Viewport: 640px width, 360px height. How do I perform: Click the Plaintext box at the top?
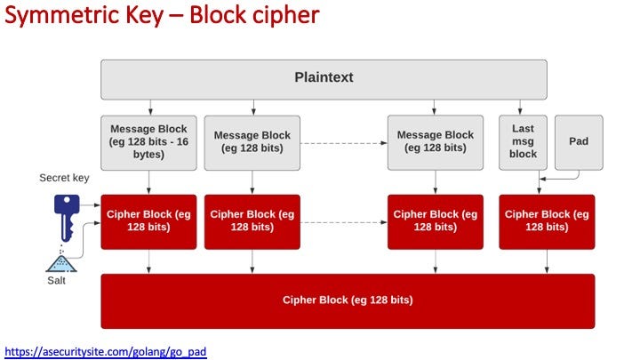tap(324, 80)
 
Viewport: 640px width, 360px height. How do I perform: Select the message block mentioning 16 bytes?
tap(148, 142)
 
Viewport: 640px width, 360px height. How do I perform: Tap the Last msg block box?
tap(523, 142)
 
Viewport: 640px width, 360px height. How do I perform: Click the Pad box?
tap(579, 142)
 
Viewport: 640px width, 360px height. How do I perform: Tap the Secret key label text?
tap(64, 178)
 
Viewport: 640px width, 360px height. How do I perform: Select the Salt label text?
tap(56, 280)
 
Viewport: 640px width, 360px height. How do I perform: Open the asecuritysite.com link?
tap(106, 351)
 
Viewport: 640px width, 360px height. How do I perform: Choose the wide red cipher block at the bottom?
tap(348, 301)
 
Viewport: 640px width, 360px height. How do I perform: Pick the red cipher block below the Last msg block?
tap(547, 221)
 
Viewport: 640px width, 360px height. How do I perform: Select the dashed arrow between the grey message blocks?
tap(344, 143)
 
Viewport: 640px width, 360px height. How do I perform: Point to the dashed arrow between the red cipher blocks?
tap(344, 222)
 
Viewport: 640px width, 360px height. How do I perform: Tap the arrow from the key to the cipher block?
tap(90, 205)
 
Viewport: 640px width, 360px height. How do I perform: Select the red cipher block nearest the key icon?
tap(148, 221)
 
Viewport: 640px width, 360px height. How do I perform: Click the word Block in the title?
tap(218, 16)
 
